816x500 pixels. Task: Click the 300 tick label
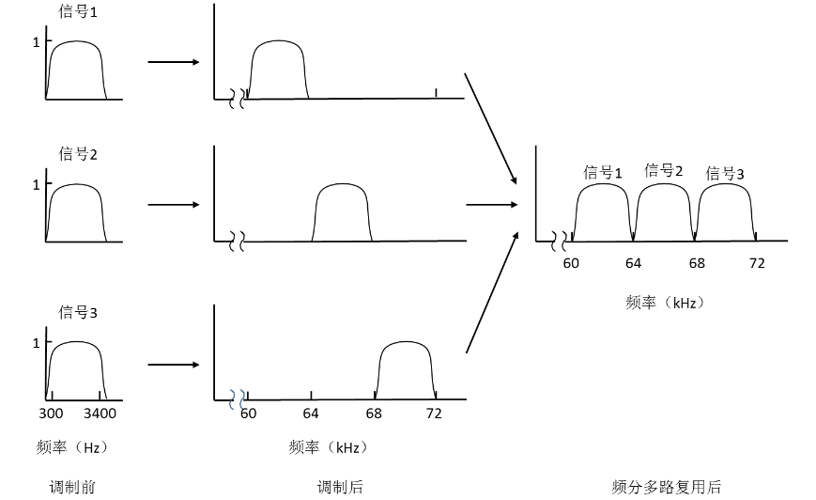coord(51,414)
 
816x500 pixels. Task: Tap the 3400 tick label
coord(100,414)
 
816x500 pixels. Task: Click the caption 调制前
coord(72,486)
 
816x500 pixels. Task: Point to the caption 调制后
coord(340,486)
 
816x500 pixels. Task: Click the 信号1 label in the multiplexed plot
coord(603,173)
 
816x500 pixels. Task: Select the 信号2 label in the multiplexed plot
coord(664,171)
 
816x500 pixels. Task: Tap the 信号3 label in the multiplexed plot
coord(725,174)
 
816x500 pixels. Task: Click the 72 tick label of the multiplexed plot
coord(757,263)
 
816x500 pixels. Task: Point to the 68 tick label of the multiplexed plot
coord(696,263)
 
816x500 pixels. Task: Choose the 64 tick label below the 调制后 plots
coord(311,414)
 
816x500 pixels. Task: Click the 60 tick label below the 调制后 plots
coord(248,414)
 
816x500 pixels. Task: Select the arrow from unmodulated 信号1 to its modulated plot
coord(174,62)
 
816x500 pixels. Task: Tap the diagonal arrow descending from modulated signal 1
coord(491,128)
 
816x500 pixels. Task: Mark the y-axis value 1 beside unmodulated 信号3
coord(37,343)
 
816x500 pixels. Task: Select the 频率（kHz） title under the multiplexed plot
coord(664,303)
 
